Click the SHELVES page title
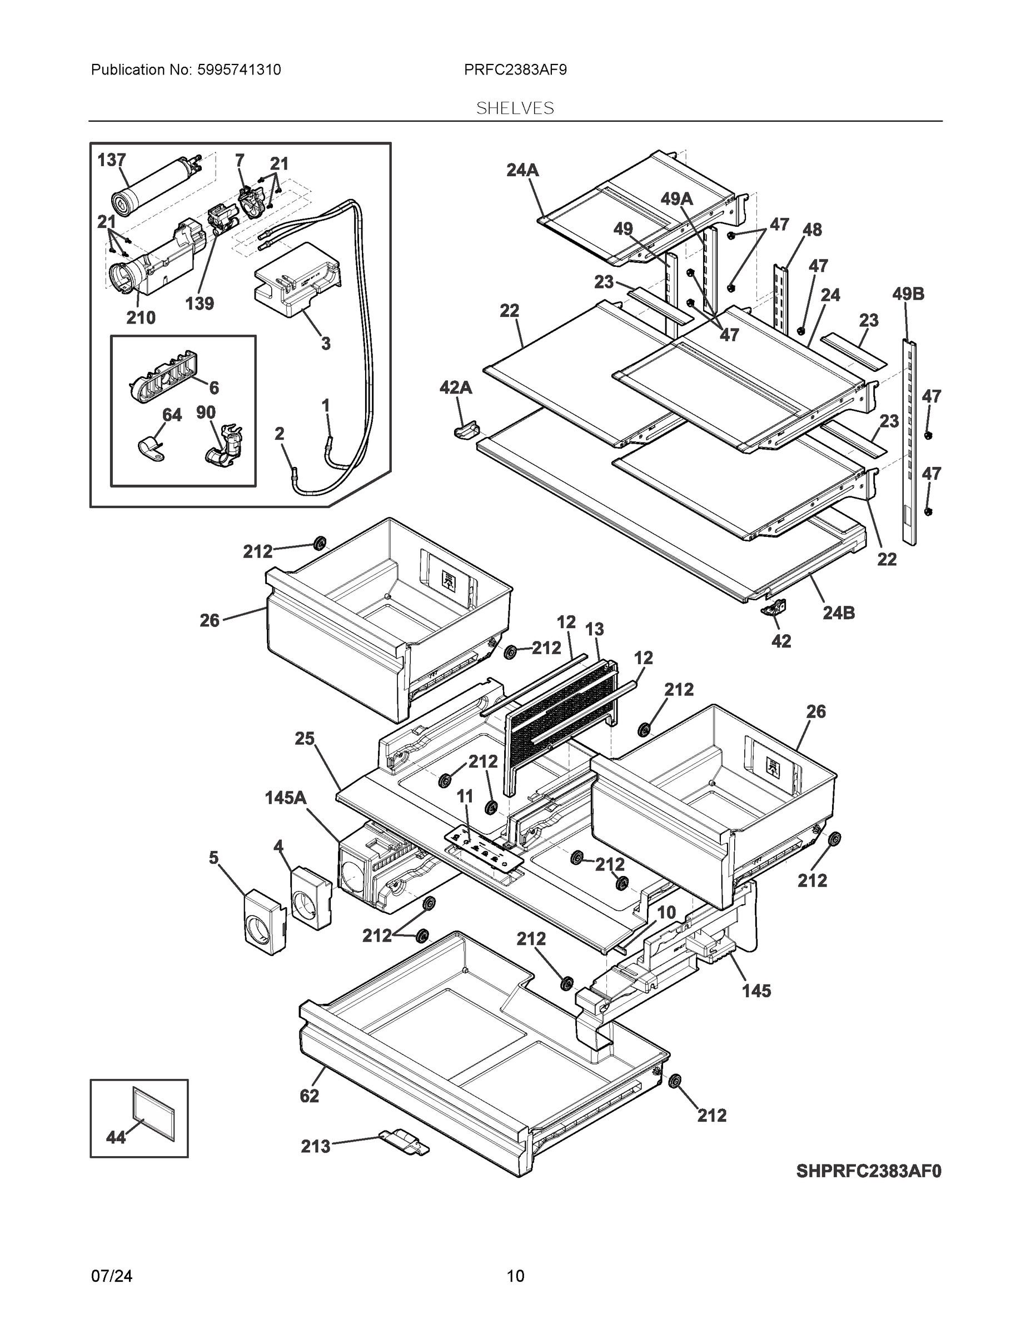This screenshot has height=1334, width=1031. click(515, 108)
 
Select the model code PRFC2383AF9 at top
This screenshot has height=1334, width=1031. click(515, 69)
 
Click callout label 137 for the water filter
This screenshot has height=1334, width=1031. click(112, 160)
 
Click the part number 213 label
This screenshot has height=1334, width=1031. click(315, 1147)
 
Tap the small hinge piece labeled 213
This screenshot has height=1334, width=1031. click(404, 1142)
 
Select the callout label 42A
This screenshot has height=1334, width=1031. click(456, 387)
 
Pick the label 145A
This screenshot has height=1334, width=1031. click(285, 798)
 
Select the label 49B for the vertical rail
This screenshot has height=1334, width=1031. click(908, 294)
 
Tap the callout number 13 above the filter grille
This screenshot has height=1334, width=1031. click(594, 629)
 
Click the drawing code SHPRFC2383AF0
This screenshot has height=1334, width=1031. click(869, 1171)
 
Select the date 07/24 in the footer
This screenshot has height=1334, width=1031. click(111, 1276)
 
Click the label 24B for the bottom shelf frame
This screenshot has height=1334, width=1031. click(838, 613)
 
